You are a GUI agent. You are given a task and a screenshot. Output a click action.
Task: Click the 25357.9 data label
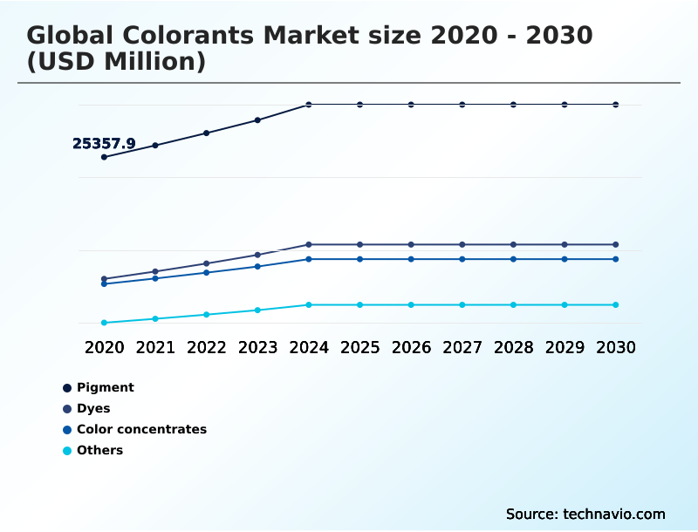pyautogui.click(x=104, y=144)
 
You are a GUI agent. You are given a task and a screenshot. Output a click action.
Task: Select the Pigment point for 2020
pyautogui.click(x=104, y=157)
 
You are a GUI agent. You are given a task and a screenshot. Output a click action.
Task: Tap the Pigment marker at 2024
pyautogui.click(x=309, y=105)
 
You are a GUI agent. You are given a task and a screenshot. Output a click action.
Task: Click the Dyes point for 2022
pyautogui.click(x=207, y=263)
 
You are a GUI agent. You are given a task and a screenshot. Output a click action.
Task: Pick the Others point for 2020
pyautogui.click(x=104, y=323)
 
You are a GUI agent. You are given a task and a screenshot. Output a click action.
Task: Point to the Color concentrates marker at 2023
pyautogui.click(x=257, y=266)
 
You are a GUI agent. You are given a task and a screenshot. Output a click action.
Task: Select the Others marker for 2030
pyautogui.click(x=615, y=304)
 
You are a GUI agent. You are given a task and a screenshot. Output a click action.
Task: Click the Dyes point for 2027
pyautogui.click(x=462, y=244)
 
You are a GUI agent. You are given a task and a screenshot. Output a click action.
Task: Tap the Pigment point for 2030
pyautogui.click(x=615, y=105)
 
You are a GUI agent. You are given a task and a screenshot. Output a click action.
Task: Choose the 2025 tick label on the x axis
pyautogui.click(x=359, y=347)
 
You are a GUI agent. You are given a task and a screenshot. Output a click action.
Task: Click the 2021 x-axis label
pyautogui.click(x=155, y=347)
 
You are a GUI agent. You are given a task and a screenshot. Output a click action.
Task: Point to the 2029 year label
pyautogui.click(x=565, y=347)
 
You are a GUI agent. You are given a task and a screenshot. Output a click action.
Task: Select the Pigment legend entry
pyautogui.click(x=105, y=387)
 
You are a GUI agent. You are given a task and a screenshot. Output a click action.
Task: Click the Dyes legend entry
pyautogui.click(x=93, y=408)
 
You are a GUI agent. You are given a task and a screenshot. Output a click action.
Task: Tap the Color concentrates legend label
pyautogui.click(x=141, y=429)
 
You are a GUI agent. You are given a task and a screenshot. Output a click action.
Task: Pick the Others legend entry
pyautogui.click(x=99, y=450)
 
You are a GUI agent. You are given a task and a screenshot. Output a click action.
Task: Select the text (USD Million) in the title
pyautogui.click(x=116, y=62)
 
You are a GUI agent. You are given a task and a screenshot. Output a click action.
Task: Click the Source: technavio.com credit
pyautogui.click(x=585, y=514)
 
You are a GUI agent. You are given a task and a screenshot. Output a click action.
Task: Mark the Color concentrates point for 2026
pyautogui.click(x=411, y=259)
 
